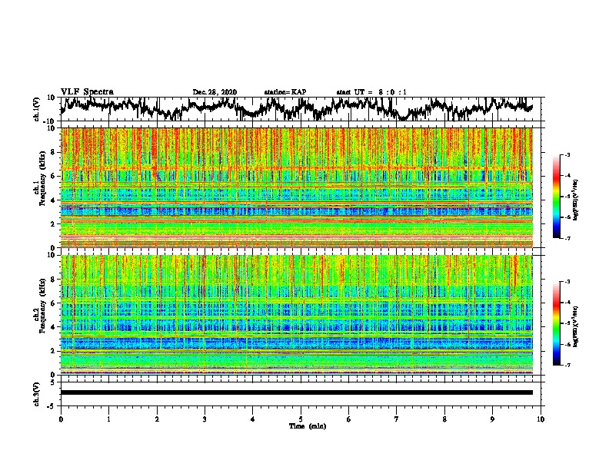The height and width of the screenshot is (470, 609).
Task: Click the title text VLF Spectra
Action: [87, 91]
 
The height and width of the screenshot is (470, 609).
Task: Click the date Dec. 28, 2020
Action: [215, 92]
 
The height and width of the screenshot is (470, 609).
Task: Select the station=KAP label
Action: [285, 92]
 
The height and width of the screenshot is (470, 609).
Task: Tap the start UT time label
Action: [371, 92]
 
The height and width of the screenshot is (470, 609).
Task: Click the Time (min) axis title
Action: [301, 425]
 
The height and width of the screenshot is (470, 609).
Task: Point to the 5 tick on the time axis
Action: [301, 419]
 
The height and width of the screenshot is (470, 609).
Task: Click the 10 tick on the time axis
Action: [541, 419]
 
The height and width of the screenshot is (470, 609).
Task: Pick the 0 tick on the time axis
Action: [61, 419]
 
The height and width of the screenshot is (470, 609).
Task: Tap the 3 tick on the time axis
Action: [205, 419]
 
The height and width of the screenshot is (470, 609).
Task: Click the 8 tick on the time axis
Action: [444, 419]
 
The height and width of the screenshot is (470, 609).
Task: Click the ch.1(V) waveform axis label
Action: [38, 109]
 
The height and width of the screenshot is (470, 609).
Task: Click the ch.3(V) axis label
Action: [38, 392]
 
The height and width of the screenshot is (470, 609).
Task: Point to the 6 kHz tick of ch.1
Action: [54, 176]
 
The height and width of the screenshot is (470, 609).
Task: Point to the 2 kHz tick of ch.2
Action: [54, 351]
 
